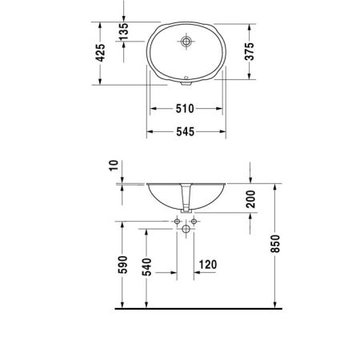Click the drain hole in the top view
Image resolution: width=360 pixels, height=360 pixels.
tap(187, 39)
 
